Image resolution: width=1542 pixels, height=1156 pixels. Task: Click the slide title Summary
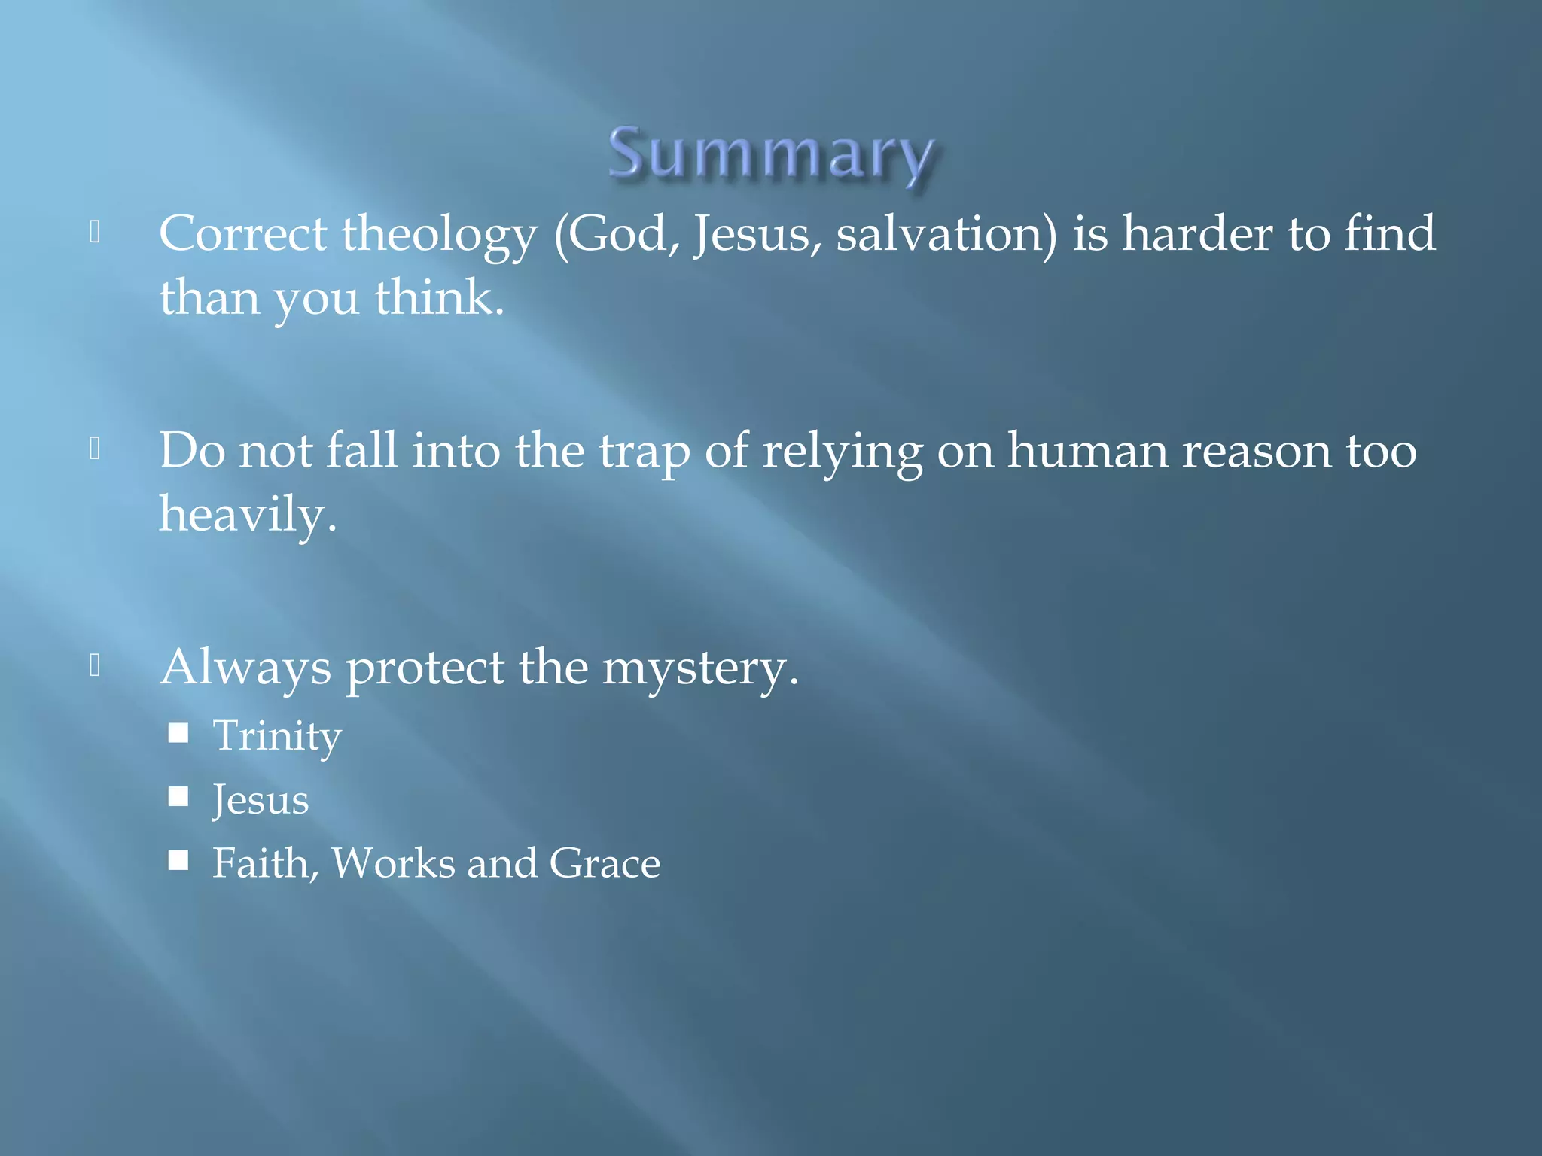coord(771,154)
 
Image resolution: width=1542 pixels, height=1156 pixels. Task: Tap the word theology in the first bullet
coord(439,235)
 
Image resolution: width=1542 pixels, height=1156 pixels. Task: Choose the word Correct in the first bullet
coord(242,233)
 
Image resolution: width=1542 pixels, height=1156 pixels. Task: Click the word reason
coord(1257,452)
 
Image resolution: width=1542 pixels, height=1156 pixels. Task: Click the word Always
coord(245,668)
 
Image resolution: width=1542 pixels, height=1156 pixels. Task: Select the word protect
coord(425,668)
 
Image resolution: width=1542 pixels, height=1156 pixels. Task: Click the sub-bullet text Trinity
coord(277,736)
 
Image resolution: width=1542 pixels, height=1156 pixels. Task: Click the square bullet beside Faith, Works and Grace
coord(178,860)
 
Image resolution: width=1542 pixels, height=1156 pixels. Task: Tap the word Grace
coord(605,863)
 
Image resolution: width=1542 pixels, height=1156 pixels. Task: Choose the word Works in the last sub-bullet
coord(393,863)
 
